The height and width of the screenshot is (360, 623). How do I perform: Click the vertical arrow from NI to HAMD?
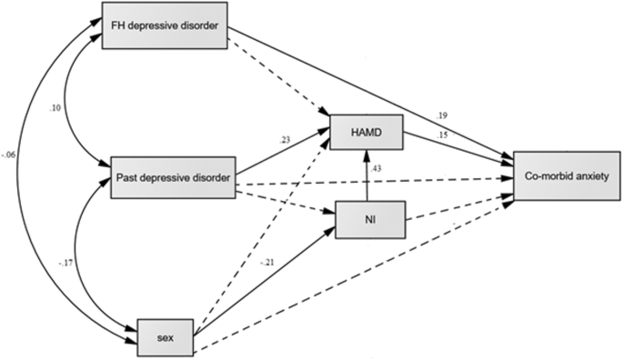(x=367, y=177)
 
